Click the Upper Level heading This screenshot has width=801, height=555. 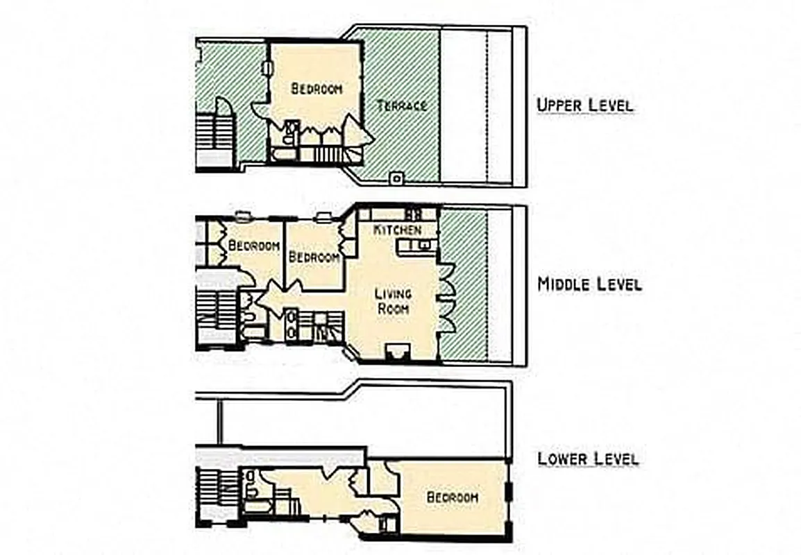(584, 105)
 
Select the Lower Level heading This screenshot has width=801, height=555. (588, 458)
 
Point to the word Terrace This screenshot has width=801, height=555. (401, 105)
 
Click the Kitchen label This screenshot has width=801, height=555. (397, 229)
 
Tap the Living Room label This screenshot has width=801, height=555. (393, 302)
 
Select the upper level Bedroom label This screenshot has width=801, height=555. (317, 88)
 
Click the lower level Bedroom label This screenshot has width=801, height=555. (452, 497)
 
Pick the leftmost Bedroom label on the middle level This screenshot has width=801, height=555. (254, 246)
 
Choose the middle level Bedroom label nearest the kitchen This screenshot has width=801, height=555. (314, 257)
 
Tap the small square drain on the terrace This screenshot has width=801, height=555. (396, 178)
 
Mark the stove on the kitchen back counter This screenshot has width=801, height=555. (414, 214)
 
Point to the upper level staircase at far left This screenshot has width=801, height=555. (214, 139)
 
